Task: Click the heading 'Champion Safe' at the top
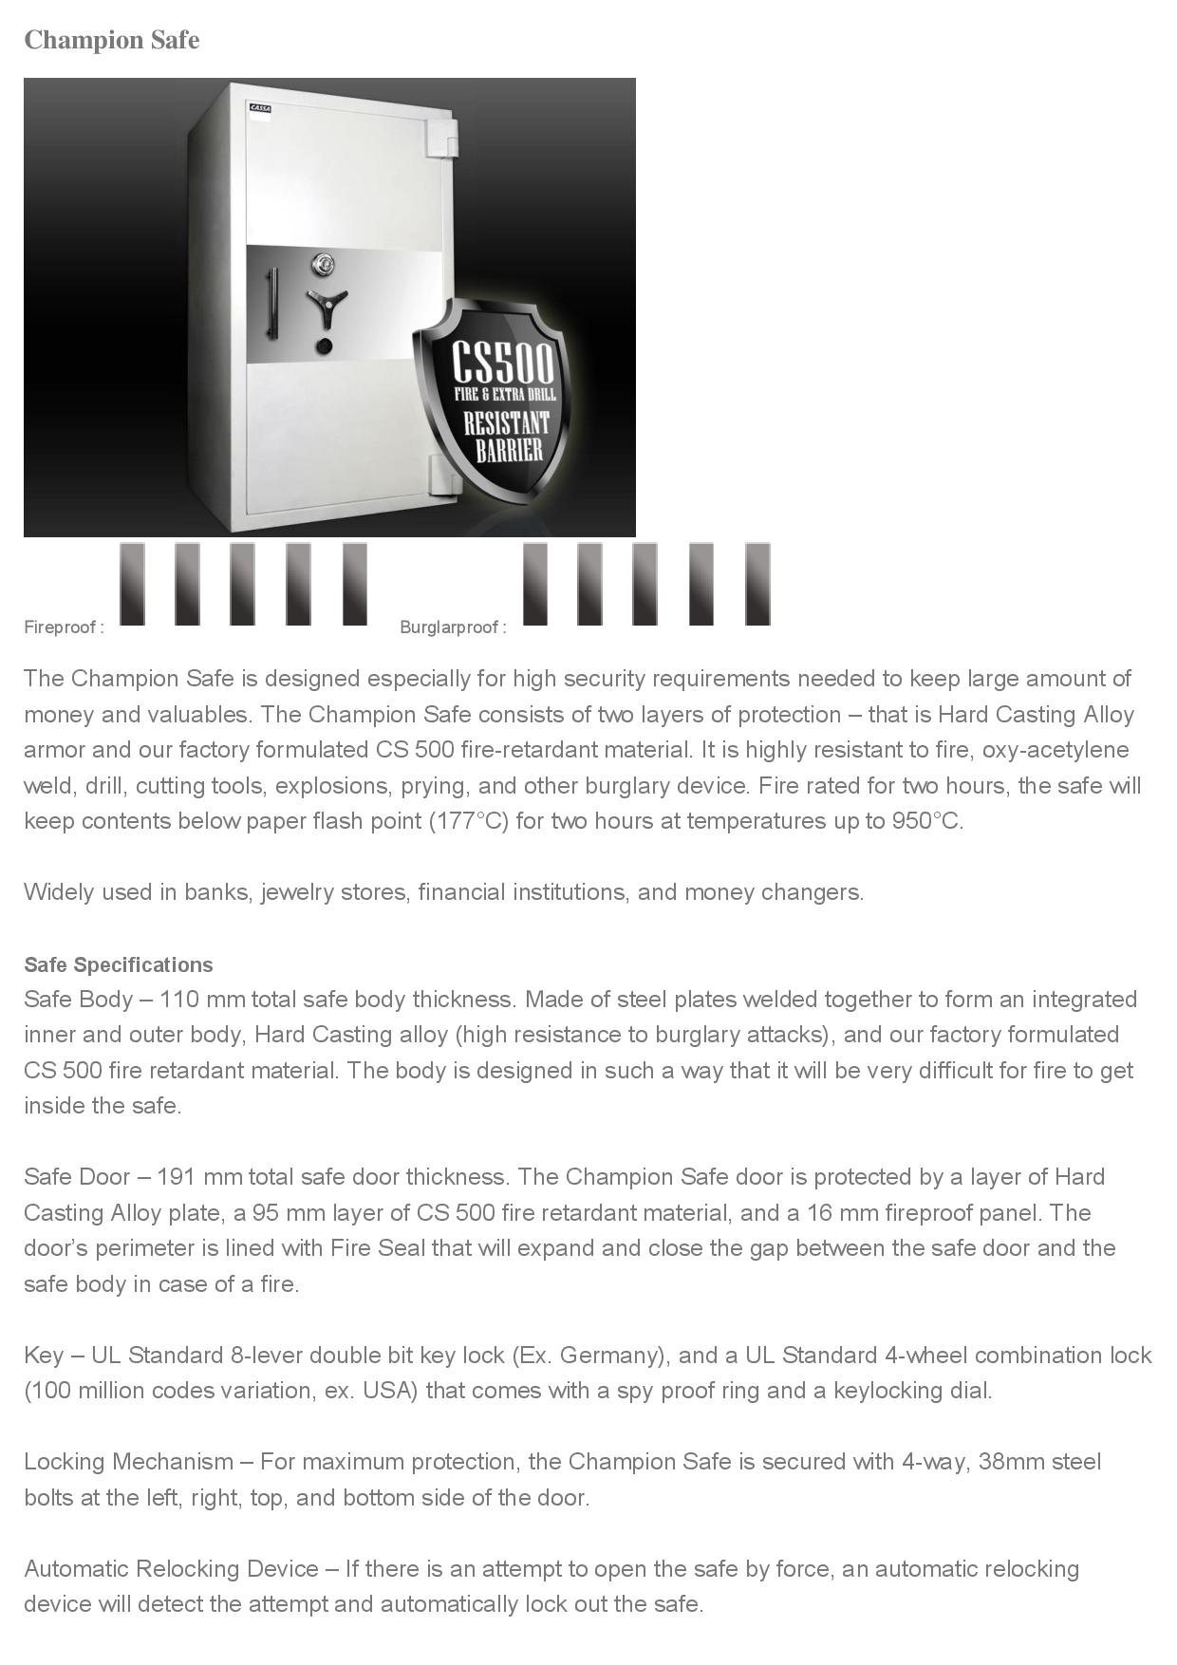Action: click(x=111, y=40)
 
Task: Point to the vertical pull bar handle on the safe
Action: click(x=272, y=303)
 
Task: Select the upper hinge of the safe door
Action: click(x=447, y=139)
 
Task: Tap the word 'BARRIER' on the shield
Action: click(x=510, y=450)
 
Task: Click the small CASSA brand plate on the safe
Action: click(x=260, y=108)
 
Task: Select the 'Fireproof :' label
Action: click(x=64, y=627)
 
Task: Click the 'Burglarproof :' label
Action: click(x=453, y=627)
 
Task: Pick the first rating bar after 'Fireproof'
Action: click(x=132, y=584)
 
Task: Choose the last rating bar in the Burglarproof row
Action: click(x=757, y=584)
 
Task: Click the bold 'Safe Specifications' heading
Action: click(x=119, y=964)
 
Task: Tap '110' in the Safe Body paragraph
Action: click(x=177, y=1000)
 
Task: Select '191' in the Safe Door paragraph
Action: click(x=176, y=1177)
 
